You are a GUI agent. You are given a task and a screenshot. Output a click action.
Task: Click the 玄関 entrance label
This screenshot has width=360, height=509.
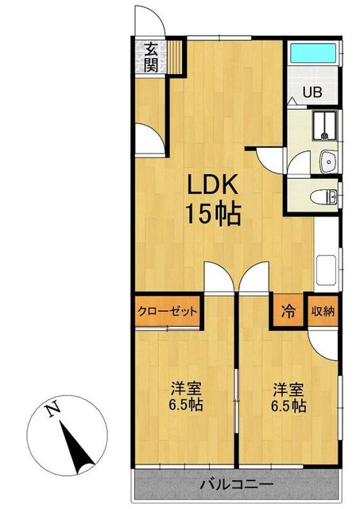(x=151, y=58)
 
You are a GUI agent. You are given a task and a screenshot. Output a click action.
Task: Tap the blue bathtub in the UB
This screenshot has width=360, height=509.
(x=313, y=53)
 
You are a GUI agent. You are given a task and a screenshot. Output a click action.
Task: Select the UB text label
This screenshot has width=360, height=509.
(x=312, y=92)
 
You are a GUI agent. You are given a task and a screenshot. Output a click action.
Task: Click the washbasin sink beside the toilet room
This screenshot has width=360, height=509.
(x=328, y=162)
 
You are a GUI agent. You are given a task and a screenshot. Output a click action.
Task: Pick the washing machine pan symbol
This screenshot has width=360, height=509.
(x=325, y=126)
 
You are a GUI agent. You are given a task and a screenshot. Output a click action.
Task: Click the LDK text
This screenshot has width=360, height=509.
(x=212, y=185)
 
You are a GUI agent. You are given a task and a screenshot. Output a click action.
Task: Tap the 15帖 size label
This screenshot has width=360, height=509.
(x=213, y=214)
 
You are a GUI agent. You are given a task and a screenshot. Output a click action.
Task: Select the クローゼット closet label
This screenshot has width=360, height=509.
(x=168, y=311)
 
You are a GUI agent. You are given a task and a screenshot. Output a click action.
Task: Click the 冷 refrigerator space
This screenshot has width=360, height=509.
(x=288, y=311)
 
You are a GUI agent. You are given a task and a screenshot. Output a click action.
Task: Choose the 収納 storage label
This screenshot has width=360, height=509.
(x=323, y=311)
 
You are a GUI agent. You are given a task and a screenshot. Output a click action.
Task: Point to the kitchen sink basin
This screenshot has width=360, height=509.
(x=327, y=269)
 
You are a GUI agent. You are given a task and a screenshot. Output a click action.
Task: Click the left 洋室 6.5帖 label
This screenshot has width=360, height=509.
(x=186, y=396)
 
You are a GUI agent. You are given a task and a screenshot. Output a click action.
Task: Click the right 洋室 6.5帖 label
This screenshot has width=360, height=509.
(x=288, y=398)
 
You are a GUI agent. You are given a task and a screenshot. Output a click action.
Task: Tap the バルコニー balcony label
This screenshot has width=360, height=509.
(x=237, y=485)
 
